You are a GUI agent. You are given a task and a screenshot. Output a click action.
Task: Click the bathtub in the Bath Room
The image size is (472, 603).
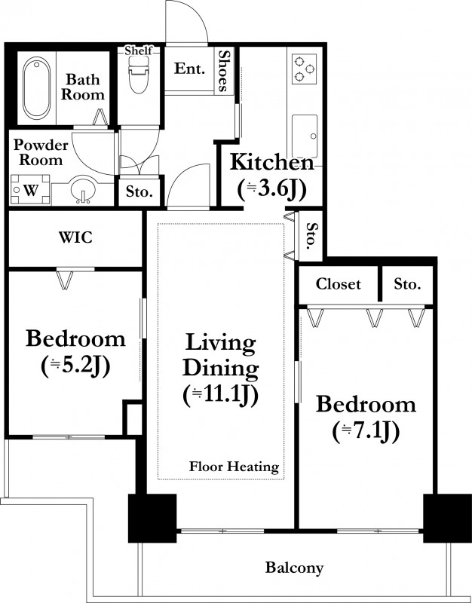tap(36, 88)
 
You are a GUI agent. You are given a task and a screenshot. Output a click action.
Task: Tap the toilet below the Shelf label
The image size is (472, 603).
tap(138, 75)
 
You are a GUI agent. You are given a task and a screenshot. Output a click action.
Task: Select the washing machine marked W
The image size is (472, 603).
tap(30, 190)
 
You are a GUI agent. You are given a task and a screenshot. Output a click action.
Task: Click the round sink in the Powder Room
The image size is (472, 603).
tap(83, 188)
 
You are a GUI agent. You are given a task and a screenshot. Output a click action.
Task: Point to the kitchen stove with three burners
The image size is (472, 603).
tap(304, 69)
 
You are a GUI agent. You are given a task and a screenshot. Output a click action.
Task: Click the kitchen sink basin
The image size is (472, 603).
tap(305, 136)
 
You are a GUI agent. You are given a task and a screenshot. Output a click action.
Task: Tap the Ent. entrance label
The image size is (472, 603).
tap(189, 69)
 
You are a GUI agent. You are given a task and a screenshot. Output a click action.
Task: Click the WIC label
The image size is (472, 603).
tap(75, 237)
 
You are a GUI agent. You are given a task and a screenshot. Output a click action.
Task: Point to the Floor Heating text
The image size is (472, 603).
tap(234, 467)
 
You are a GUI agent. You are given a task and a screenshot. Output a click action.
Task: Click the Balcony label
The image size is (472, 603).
tap(294, 568)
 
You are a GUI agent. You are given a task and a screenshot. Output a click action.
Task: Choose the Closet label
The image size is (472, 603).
tap(338, 284)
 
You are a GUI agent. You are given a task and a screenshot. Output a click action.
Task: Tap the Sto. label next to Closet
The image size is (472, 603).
tap(407, 284)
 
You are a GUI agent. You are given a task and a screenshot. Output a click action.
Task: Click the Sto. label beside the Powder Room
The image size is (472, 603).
tap(139, 191)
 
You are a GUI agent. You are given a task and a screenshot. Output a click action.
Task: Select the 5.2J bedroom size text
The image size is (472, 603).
tap(76, 366)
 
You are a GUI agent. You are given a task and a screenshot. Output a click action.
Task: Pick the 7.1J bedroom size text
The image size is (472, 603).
tap(366, 431)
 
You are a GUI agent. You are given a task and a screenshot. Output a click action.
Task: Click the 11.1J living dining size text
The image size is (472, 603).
tap(220, 395)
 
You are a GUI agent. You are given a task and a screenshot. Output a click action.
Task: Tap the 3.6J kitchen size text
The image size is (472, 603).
tap(271, 190)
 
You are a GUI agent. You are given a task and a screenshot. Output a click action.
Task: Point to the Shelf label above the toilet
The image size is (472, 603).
tap(139, 51)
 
